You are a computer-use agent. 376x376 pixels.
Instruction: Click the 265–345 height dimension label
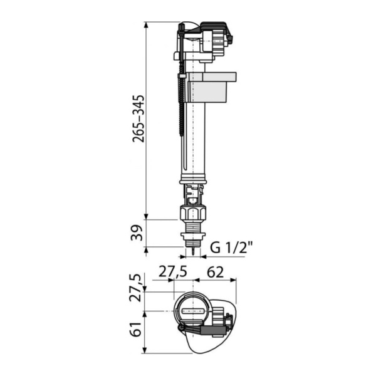[138, 118]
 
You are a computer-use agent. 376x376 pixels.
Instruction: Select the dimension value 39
[137, 232]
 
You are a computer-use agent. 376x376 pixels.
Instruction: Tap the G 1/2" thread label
[231, 248]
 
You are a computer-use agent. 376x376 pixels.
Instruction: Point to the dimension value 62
[215, 272]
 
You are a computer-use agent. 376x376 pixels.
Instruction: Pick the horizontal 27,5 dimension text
[173, 273]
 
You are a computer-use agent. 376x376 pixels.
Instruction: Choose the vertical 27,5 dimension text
[135, 288]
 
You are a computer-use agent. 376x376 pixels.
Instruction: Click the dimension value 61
[136, 329]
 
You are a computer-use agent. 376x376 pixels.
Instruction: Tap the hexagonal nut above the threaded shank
[192, 212]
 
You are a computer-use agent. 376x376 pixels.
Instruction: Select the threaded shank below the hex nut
[192, 226]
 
